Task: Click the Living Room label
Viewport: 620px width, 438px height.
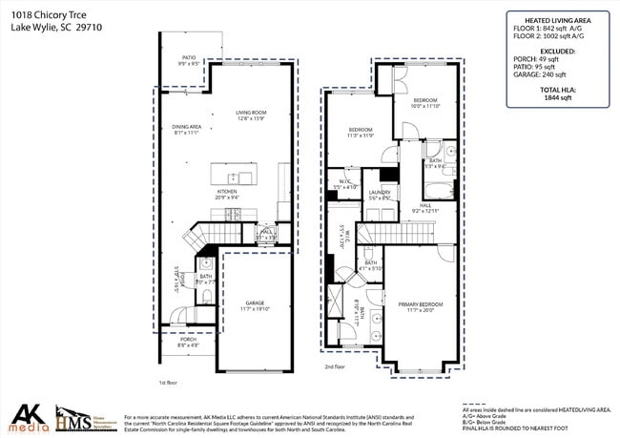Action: [x=251, y=115]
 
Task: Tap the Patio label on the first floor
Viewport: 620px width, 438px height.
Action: [x=189, y=61]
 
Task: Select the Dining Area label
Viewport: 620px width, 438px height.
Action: [x=186, y=130]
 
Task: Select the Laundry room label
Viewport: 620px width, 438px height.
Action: [x=380, y=194]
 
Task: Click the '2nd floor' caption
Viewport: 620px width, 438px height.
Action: [x=334, y=366]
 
